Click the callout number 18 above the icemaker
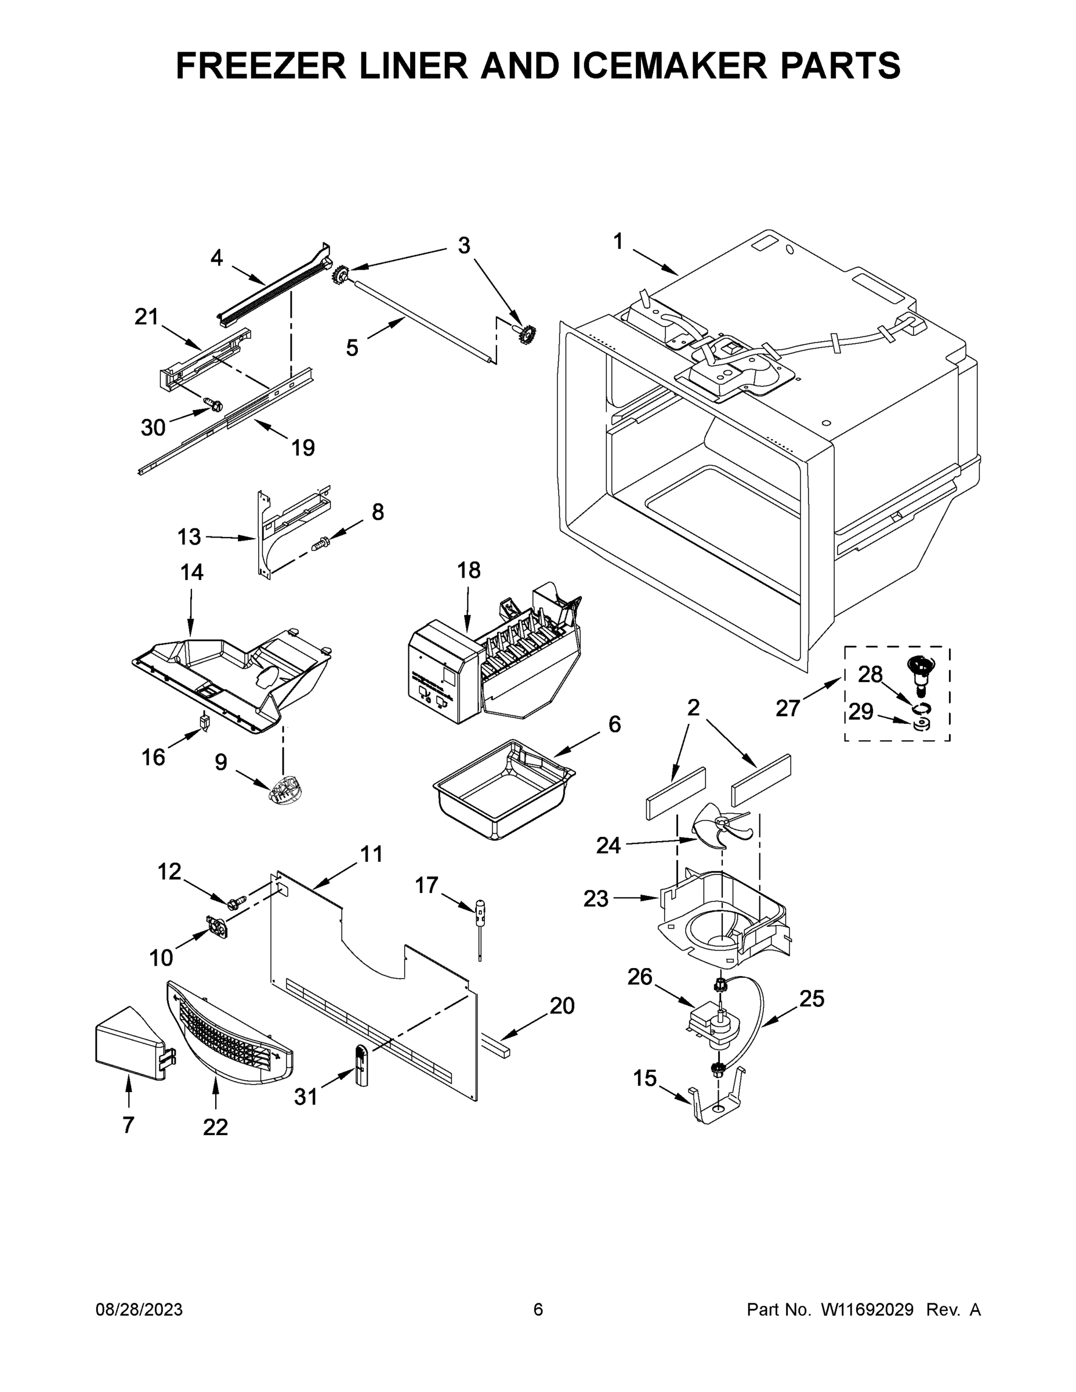click(x=469, y=570)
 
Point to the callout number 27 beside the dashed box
click(x=788, y=708)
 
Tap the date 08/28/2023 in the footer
click(x=139, y=1309)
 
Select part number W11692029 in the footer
click(x=867, y=1309)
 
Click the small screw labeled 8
click(x=320, y=543)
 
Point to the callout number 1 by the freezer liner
click(x=618, y=241)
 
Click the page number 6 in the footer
click(x=538, y=1309)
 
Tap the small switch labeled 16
click(x=205, y=722)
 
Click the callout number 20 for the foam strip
click(x=561, y=1006)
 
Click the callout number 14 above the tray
click(x=191, y=572)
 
